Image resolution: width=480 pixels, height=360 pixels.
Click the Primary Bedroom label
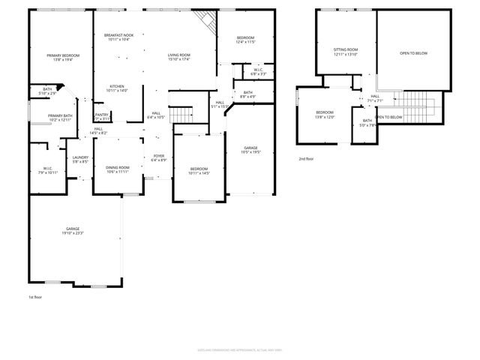click(x=63, y=58)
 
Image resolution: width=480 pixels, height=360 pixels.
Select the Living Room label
click(x=178, y=57)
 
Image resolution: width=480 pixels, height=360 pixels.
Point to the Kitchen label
click(x=118, y=88)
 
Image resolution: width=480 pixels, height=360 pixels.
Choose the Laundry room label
click(x=80, y=159)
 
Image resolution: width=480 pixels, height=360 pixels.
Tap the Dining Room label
click(x=118, y=169)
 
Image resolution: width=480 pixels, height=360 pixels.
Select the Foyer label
click(x=158, y=158)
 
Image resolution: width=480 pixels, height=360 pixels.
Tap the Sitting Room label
click(x=345, y=52)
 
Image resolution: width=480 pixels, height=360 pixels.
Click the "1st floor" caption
click(x=34, y=298)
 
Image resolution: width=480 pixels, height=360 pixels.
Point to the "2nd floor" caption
click(x=306, y=159)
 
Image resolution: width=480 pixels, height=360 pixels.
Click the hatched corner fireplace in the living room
click(x=203, y=19)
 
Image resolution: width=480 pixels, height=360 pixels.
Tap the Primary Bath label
click(x=60, y=118)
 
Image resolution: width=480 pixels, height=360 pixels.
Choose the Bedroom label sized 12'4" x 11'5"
click(x=246, y=40)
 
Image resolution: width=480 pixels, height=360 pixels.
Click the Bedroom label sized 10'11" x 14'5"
click(x=199, y=171)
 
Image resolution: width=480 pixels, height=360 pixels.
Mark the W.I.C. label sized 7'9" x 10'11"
click(x=47, y=170)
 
